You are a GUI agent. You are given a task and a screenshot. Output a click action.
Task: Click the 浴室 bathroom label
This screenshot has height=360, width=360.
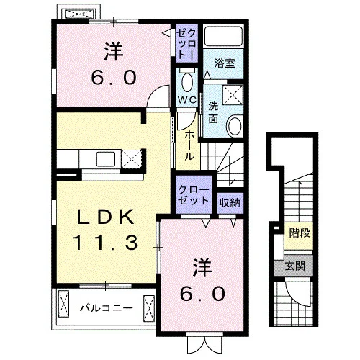[225, 63]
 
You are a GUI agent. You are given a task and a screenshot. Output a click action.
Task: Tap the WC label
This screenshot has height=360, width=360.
[187, 99]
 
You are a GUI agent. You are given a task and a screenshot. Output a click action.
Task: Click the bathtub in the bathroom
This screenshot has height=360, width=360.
[223, 36]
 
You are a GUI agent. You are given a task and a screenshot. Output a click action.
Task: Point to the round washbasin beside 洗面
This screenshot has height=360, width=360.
[235, 126]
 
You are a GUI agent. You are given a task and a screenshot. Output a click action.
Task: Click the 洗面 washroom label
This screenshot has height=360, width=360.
[213, 112]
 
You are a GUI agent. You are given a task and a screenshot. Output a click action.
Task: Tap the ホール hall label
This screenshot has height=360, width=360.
[189, 145]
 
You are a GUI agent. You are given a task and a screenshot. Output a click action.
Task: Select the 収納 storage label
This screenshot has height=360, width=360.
[230, 203]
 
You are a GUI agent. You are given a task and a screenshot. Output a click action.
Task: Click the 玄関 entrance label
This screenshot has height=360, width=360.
[295, 266]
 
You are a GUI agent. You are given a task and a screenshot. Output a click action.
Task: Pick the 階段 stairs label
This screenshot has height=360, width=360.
[300, 233]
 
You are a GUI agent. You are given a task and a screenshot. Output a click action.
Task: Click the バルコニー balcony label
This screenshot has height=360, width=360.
[107, 308]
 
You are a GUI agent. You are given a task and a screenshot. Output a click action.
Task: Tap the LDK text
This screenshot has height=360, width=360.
[105, 217]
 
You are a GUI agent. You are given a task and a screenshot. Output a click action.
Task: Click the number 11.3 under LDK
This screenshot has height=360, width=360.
[105, 242]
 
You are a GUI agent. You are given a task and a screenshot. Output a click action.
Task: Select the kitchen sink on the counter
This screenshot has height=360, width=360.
[106, 159]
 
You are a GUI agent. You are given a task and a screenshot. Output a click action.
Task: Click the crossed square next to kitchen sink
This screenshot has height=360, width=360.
[131, 158]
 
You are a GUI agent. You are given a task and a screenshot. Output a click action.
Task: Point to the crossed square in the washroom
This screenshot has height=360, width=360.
[233, 94]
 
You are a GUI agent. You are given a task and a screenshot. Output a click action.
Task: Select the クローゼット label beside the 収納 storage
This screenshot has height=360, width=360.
[194, 195]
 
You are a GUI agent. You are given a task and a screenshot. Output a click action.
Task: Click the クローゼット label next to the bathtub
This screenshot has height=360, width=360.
[186, 43]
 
